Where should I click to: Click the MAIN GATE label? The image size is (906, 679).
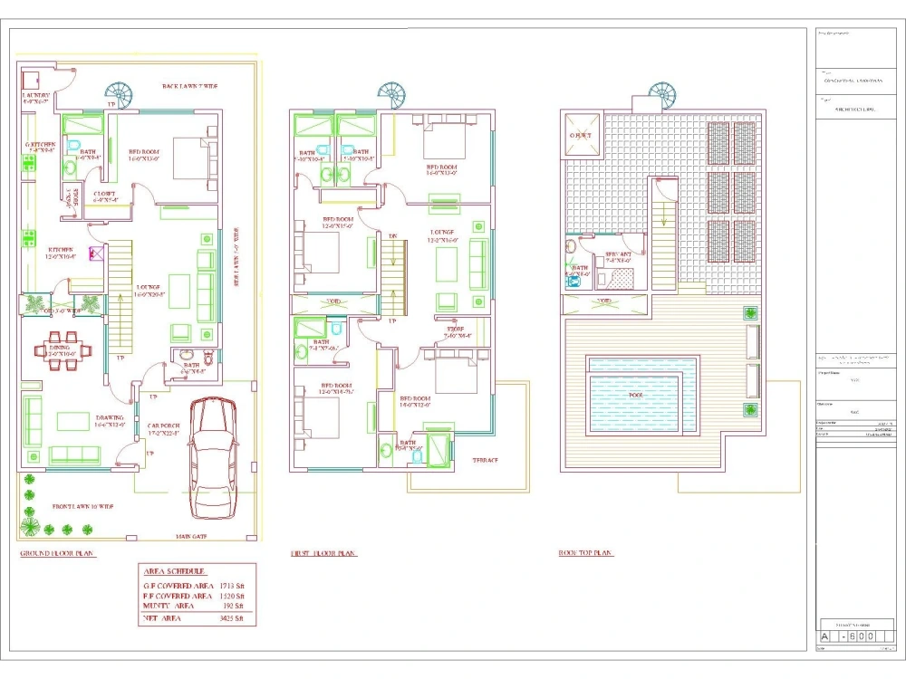tap(191, 536)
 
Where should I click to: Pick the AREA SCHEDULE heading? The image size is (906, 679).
tap(174, 571)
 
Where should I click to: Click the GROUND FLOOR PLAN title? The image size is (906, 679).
tap(58, 553)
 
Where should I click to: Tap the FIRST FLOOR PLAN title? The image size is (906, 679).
tap(323, 553)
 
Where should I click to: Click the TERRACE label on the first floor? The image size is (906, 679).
tap(485, 460)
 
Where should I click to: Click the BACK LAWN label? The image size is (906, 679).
tap(190, 86)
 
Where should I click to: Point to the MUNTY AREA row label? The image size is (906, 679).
tap(174, 607)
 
